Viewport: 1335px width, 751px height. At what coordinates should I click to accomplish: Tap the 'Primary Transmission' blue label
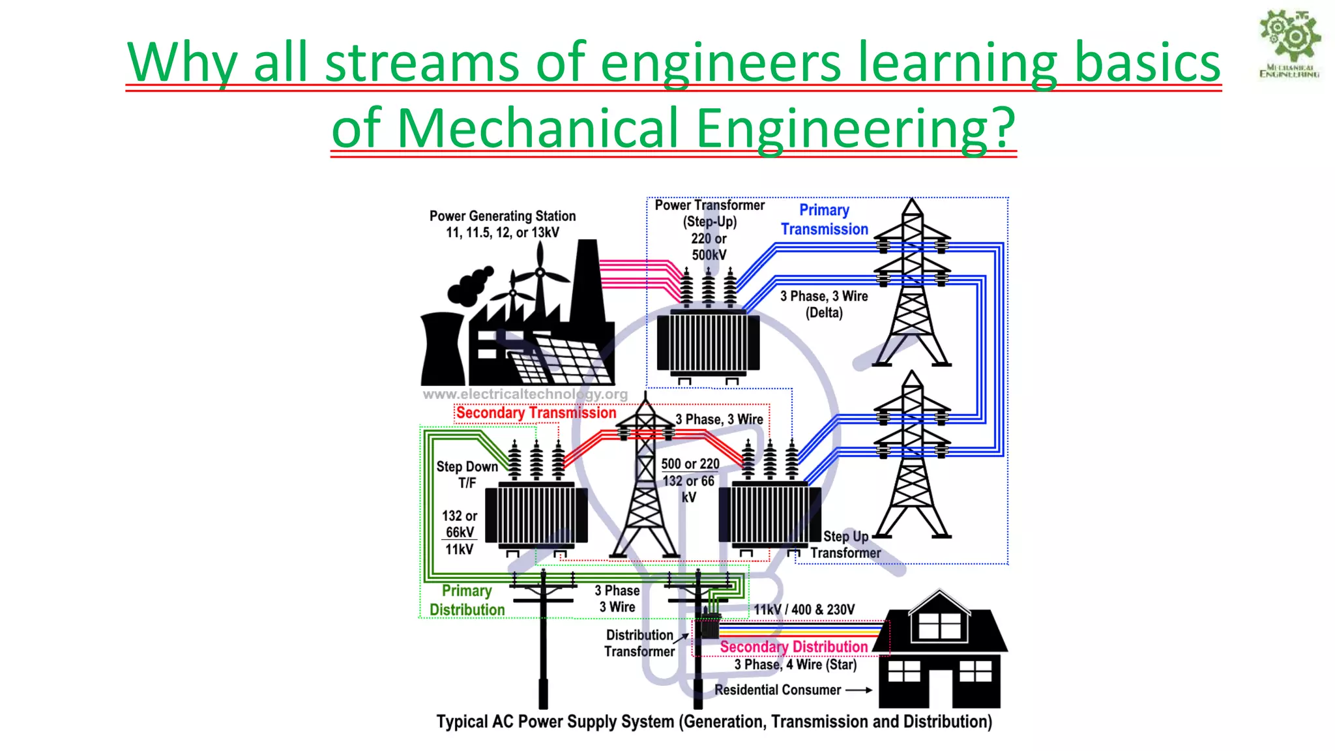[824, 220]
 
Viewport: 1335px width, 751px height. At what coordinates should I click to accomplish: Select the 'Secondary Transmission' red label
[535, 413]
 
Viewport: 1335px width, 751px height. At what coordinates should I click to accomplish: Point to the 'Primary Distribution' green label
[467, 600]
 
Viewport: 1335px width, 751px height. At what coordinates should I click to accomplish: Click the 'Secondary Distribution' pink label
[793, 647]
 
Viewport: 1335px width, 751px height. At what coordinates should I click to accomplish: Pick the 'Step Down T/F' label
[467, 475]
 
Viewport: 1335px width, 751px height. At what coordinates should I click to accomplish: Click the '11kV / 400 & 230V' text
[804, 610]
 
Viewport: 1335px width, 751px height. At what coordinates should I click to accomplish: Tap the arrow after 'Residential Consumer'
[859, 690]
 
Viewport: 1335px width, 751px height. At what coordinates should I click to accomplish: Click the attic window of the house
[939, 626]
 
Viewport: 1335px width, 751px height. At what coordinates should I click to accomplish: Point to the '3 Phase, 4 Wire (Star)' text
[795, 664]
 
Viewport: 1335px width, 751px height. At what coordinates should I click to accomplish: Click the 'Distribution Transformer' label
[639, 643]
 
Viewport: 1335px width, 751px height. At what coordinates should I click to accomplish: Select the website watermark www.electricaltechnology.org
[525, 394]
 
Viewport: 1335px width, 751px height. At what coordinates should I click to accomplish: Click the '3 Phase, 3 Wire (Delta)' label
[824, 304]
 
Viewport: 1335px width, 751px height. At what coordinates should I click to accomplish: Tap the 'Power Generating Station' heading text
[503, 216]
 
